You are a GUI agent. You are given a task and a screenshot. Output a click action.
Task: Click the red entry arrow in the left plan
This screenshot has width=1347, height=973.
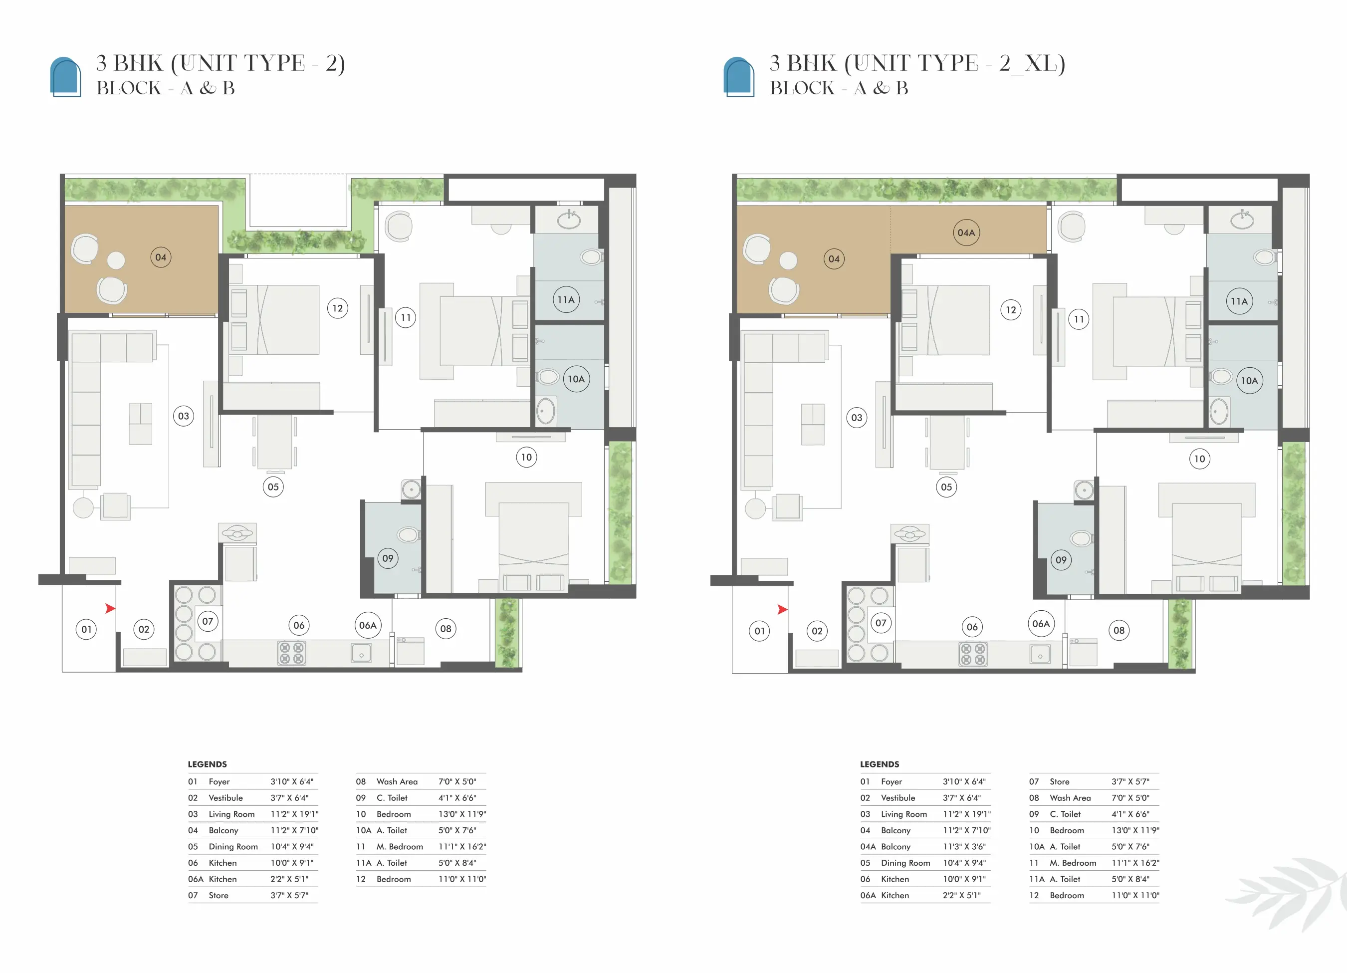[110, 608]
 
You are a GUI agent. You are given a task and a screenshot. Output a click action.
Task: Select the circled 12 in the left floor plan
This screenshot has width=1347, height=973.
[337, 308]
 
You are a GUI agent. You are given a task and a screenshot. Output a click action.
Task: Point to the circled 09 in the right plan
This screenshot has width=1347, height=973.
[1061, 559]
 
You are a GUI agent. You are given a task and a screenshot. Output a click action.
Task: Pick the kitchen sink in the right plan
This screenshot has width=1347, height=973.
[1040, 655]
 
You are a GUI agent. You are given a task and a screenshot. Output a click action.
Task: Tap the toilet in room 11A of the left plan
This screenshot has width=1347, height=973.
[592, 256]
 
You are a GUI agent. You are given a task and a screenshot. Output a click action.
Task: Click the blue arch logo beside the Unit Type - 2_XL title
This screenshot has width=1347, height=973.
[739, 76]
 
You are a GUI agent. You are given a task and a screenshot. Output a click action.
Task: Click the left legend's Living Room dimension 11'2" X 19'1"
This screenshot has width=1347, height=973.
[294, 814]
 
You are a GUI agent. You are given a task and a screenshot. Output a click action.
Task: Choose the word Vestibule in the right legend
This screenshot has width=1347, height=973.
[898, 798]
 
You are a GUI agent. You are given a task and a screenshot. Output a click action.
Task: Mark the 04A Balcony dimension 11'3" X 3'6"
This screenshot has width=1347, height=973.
[964, 846]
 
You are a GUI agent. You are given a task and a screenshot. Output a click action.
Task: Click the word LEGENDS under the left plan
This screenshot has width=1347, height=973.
[207, 764]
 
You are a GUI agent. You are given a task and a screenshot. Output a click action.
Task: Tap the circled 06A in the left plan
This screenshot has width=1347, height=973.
[368, 625]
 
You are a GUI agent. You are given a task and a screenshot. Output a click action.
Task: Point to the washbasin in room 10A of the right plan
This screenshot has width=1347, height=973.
[1219, 412]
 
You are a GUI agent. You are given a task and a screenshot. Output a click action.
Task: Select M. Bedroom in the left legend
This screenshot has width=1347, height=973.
[400, 846]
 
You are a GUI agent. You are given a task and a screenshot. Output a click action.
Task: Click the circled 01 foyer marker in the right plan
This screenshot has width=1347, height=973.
[760, 631]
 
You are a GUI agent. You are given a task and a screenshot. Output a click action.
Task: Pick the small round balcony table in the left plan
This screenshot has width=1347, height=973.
[116, 260]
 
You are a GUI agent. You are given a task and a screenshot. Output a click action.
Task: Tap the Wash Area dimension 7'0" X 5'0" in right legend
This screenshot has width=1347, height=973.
[1130, 798]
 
